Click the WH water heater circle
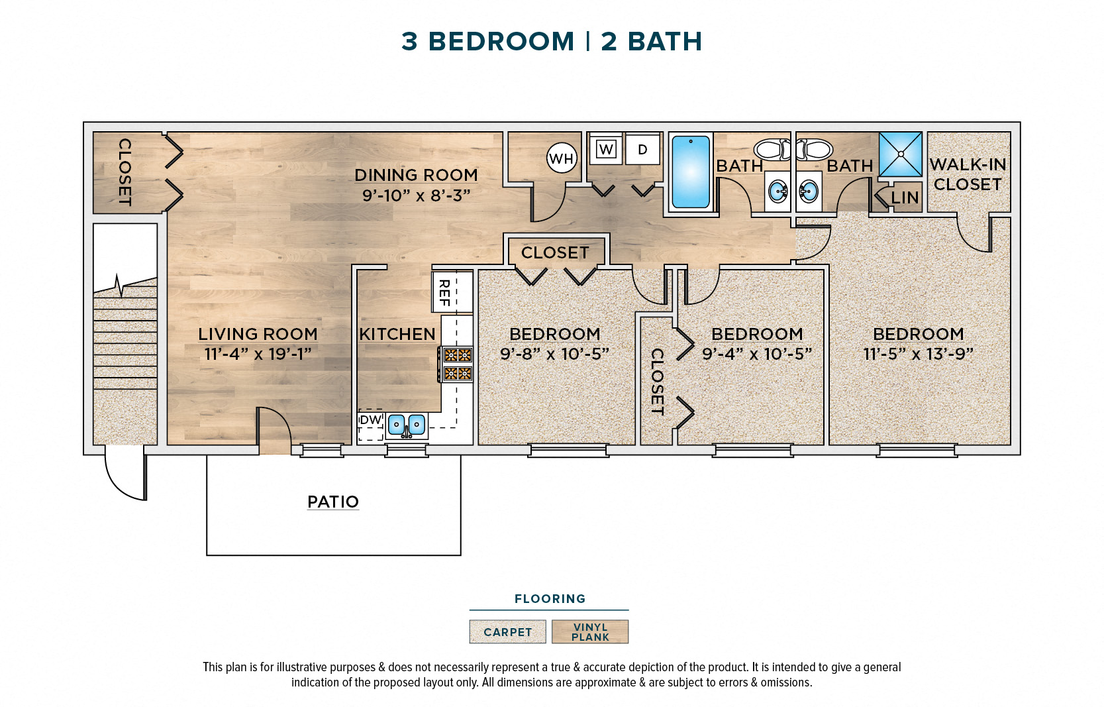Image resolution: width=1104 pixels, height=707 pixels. [x=562, y=158]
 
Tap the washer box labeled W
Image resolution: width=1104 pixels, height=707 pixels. [x=605, y=149]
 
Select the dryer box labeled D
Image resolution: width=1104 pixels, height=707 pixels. [x=642, y=149]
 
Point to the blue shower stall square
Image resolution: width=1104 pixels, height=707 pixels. [x=900, y=154]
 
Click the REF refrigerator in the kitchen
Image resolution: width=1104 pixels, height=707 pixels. [x=452, y=292]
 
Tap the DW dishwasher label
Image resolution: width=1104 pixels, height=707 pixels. [x=371, y=419]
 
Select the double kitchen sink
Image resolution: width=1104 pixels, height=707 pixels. [x=406, y=425]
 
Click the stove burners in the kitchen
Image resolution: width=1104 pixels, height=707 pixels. [x=457, y=364]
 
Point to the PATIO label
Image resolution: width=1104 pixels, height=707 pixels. [x=333, y=502]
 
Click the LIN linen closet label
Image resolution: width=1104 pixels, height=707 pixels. [x=905, y=197]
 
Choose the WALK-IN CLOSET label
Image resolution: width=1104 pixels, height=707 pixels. [x=968, y=174]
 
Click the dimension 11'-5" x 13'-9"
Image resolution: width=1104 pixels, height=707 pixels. [x=918, y=354]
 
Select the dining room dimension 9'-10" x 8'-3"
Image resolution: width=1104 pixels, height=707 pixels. [x=416, y=195]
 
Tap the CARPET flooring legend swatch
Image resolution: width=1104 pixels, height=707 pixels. [x=507, y=632]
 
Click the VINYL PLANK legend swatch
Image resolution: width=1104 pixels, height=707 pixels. [x=590, y=632]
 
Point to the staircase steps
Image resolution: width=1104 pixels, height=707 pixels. [x=125, y=345]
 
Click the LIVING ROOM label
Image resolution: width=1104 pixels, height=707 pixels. [x=258, y=334]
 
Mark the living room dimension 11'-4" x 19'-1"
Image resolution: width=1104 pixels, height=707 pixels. [x=258, y=354]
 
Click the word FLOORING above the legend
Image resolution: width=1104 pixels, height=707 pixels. [x=550, y=599]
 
